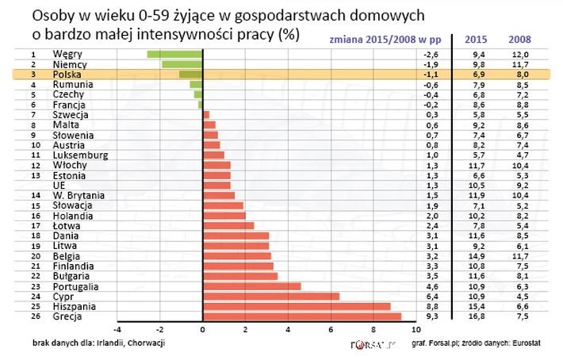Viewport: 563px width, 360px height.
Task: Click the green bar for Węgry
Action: [x=174, y=54]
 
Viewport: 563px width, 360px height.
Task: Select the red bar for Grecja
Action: [x=302, y=316]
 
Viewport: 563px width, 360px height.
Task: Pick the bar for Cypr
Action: [x=271, y=296]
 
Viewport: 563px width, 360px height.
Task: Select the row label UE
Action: [x=59, y=185]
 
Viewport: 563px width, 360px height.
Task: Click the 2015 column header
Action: [x=476, y=39]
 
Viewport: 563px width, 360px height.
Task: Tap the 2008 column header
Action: [x=519, y=39]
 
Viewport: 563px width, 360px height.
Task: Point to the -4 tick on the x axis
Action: [x=117, y=329]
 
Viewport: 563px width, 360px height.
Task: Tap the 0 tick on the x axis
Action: [x=203, y=329]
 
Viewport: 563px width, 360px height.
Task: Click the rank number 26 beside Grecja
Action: [x=34, y=316]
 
